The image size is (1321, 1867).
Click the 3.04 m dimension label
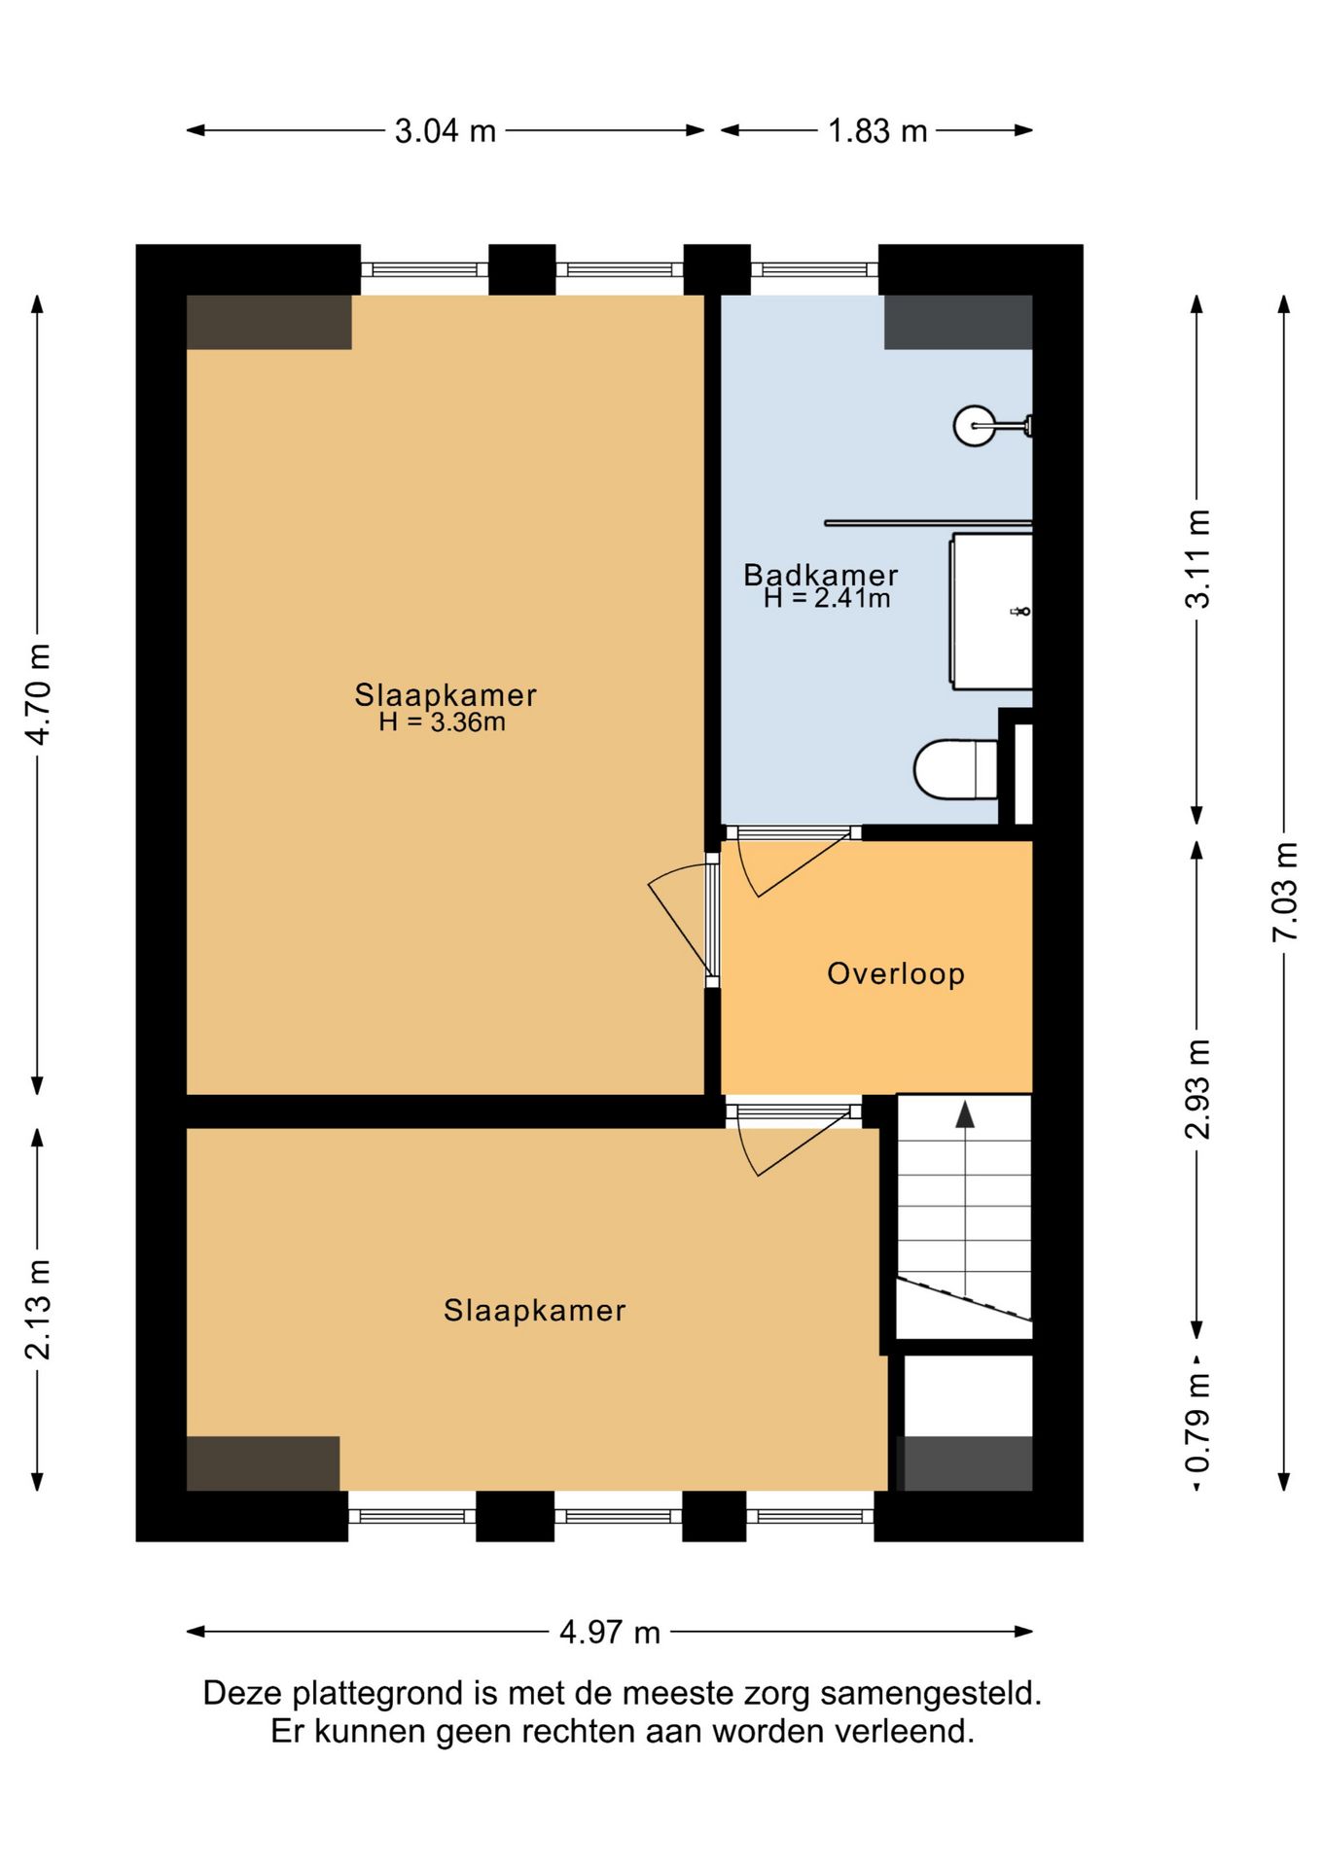click(446, 131)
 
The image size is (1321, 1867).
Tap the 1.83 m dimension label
click(877, 131)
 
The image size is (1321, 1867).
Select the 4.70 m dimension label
click(38, 694)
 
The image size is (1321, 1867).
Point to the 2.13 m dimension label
click(38, 1309)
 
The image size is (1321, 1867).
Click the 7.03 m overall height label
click(1285, 892)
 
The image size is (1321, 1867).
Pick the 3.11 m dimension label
click(1197, 559)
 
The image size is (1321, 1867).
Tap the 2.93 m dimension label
click(1197, 1088)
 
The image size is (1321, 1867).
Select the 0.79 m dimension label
click(1197, 1424)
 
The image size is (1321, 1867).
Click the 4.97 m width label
click(610, 1633)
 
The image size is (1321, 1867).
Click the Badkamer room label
click(821, 575)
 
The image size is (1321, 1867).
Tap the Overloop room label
click(896, 973)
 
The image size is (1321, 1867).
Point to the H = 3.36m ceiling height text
click(443, 722)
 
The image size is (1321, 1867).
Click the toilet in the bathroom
click(956, 769)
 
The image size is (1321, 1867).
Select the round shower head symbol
click(975, 425)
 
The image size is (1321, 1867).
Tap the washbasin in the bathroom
click(990, 612)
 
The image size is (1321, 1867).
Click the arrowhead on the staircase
click(965, 1114)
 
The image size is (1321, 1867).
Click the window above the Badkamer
click(814, 269)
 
